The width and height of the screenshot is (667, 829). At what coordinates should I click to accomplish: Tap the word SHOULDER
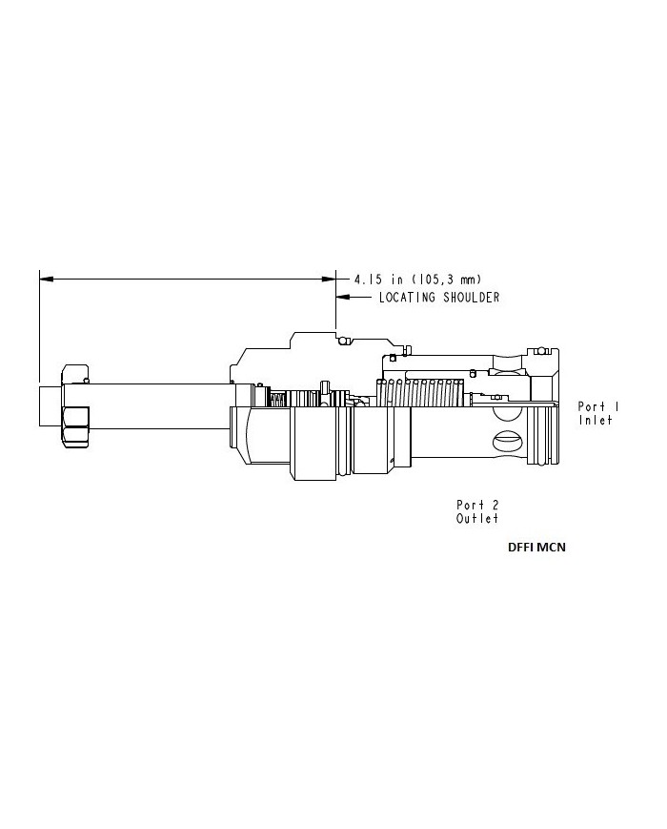[x=469, y=298]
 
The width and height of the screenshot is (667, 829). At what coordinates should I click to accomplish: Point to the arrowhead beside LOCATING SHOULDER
[x=342, y=298]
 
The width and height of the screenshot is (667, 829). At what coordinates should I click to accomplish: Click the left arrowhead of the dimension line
[x=45, y=280]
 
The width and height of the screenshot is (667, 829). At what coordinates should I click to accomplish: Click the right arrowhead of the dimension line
[x=330, y=280]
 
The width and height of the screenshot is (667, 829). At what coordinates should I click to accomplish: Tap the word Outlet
[x=477, y=518]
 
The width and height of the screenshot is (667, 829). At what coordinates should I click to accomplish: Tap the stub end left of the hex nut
[x=50, y=405]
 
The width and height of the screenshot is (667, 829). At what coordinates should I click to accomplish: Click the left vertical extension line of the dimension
[x=39, y=324]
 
